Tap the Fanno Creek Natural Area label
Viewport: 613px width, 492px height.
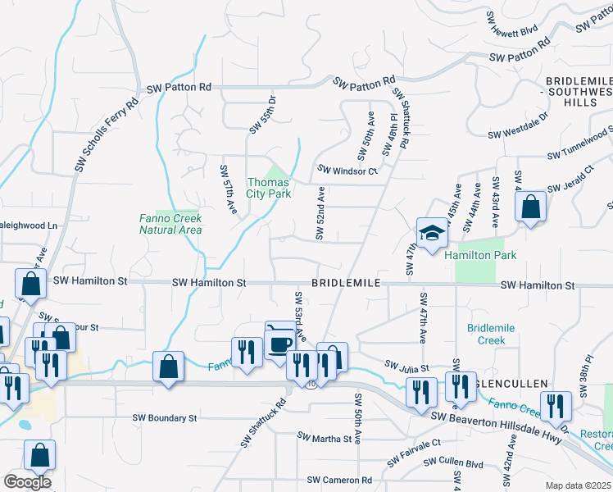(170, 224)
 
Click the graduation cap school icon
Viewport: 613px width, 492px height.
(431, 233)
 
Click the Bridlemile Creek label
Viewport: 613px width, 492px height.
(491, 334)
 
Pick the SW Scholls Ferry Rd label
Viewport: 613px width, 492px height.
(107, 135)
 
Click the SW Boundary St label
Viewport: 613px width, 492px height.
(166, 417)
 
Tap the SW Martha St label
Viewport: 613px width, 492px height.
(325, 439)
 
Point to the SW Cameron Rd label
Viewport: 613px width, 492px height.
(339, 480)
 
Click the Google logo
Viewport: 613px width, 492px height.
(27, 481)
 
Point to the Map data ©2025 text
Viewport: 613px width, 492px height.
(578, 485)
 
